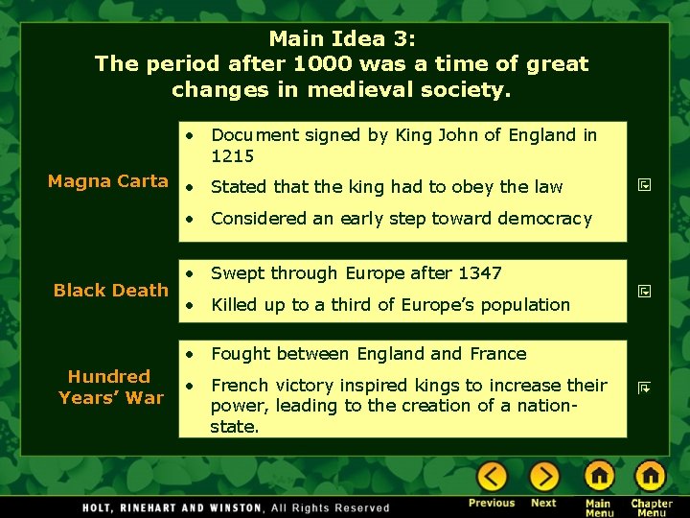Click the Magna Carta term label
click(x=108, y=181)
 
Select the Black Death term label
click(x=111, y=290)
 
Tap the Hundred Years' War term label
click(x=110, y=387)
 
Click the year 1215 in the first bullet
click(x=232, y=155)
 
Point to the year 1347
click(x=480, y=273)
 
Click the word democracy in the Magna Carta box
click(x=546, y=219)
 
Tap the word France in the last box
click(x=496, y=354)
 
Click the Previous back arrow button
click(x=492, y=477)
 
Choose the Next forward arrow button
click(x=543, y=477)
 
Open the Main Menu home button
click(x=599, y=477)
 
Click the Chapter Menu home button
click(x=651, y=477)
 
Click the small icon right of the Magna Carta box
click(x=645, y=182)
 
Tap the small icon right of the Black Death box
click(x=645, y=289)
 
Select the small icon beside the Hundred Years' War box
click(x=645, y=388)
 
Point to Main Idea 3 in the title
click(x=341, y=39)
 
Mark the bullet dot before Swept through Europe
click(x=193, y=273)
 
